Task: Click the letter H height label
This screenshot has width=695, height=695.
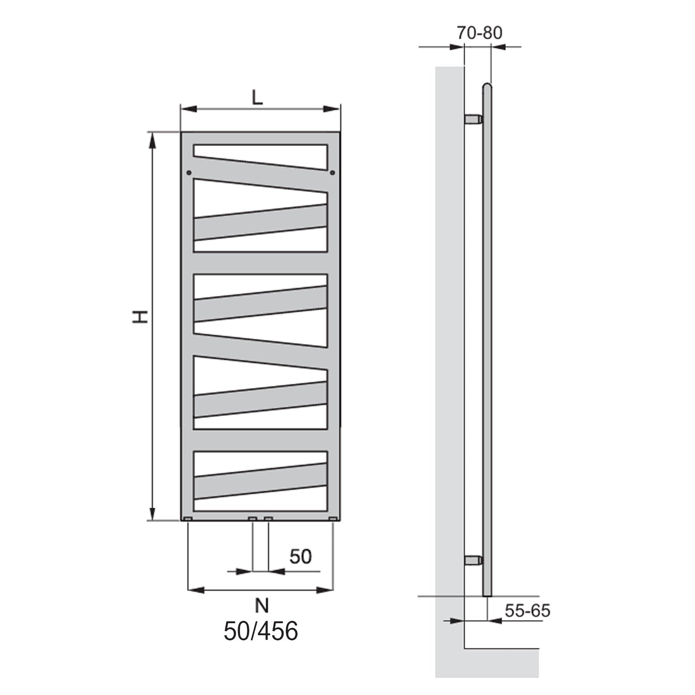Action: tap(140, 316)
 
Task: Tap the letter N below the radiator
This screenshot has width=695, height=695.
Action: tap(261, 605)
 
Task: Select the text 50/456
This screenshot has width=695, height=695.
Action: tap(261, 631)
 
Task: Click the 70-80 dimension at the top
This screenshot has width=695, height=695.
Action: tap(479, 33)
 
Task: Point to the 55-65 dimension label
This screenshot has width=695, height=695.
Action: tap(527, 611)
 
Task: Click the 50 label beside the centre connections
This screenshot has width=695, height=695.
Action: tap(301, 556)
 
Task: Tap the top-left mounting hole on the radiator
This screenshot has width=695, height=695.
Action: tap(188, 173)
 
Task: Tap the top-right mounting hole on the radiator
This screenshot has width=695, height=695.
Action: tap(333, 173)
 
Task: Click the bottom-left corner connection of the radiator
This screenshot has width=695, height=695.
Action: tap(188, 518)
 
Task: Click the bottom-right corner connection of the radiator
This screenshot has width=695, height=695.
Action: tap(333, 518)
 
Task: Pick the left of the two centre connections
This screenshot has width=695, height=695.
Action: tap(253, 518)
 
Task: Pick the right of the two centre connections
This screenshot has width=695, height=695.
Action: tap(268, 518)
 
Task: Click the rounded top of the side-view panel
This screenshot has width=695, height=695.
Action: tap(487, 87)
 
